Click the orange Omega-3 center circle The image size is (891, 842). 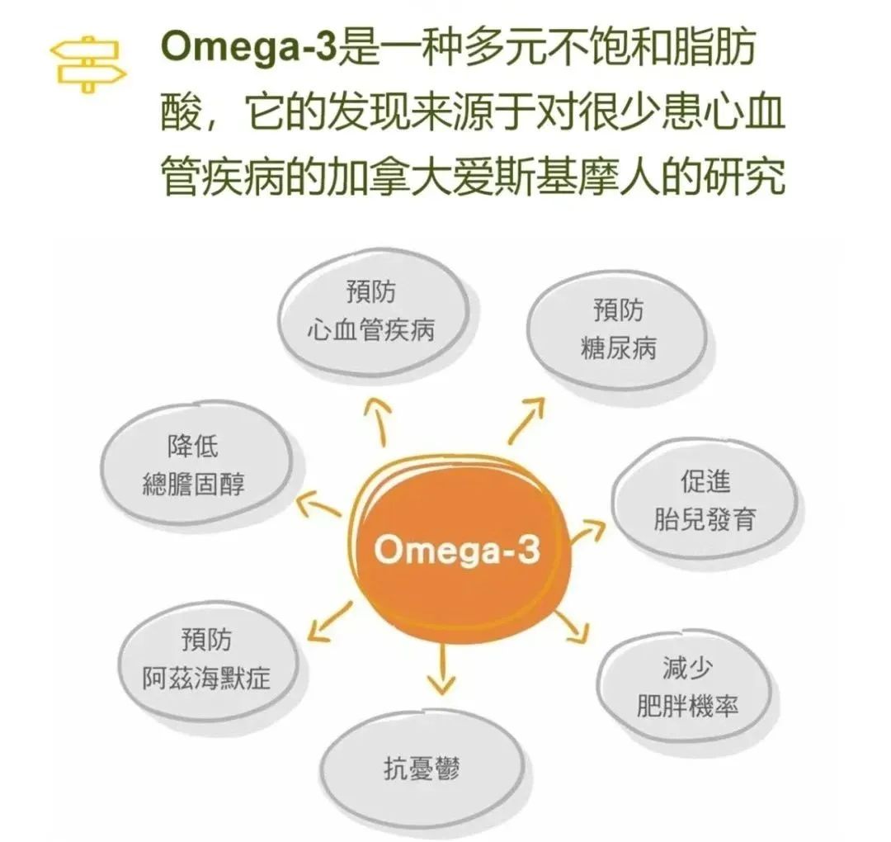455,548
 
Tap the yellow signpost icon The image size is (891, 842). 87,63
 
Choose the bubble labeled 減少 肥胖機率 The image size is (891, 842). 686,686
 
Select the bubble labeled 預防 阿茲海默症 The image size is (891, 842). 206,660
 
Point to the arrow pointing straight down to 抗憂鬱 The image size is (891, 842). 443,667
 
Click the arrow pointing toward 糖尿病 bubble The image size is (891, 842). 526,418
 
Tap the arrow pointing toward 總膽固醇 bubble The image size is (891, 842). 318,504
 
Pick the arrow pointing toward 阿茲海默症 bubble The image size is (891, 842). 328,622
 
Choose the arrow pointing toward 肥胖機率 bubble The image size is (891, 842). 569,627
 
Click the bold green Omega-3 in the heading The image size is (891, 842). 247,48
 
